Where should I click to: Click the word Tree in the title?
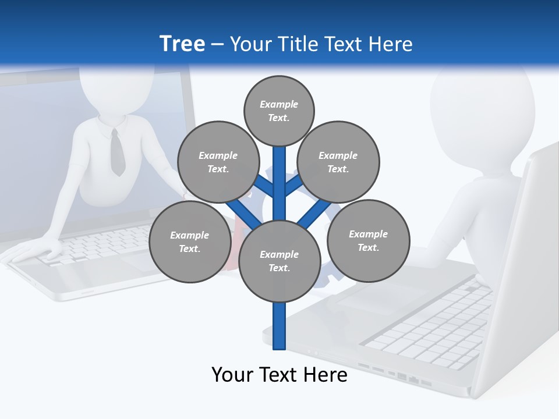182,44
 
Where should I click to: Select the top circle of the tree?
279,111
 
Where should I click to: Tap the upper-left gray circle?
218,162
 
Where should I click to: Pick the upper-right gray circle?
338,162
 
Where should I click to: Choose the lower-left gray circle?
189,242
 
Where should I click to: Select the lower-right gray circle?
368,240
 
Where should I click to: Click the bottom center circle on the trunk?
279,261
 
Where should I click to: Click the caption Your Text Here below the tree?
279,374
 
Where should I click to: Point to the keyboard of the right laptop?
431,326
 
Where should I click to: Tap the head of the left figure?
116,87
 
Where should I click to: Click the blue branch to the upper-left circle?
264,187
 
